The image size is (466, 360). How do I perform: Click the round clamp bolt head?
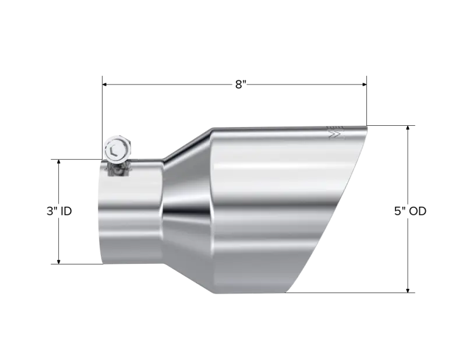116,149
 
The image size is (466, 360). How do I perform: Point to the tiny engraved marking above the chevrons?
334,126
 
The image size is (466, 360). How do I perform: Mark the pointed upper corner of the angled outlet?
366,124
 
